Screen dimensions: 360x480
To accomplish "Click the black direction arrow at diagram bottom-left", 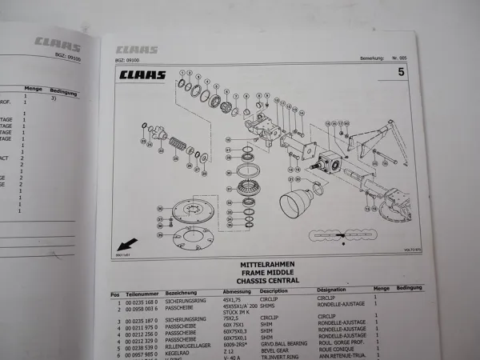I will click(x=126, y=243).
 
